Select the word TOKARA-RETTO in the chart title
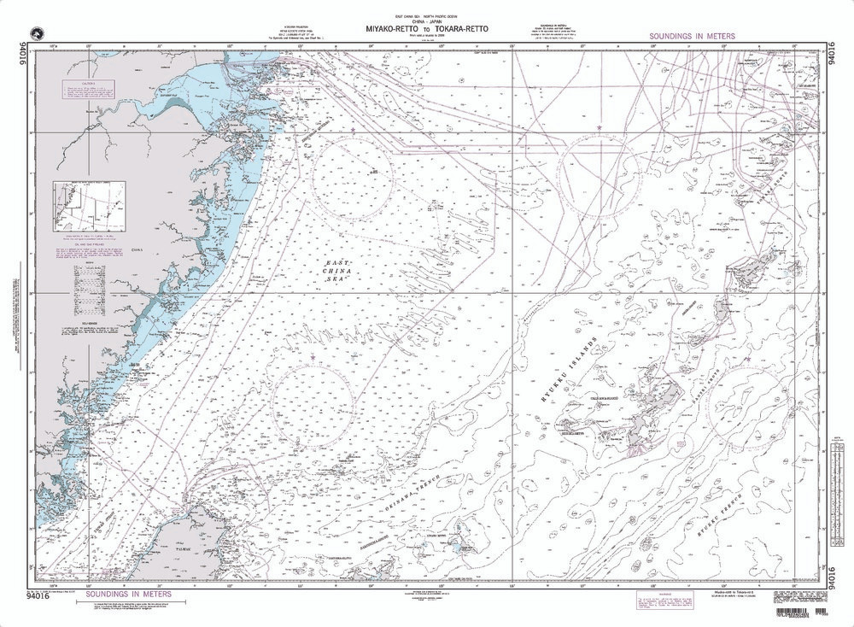tap(461, 28)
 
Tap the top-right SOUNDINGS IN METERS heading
tap(692, 38)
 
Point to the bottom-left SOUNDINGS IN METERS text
tap(127, 594)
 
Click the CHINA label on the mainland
tap(137, 250)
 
